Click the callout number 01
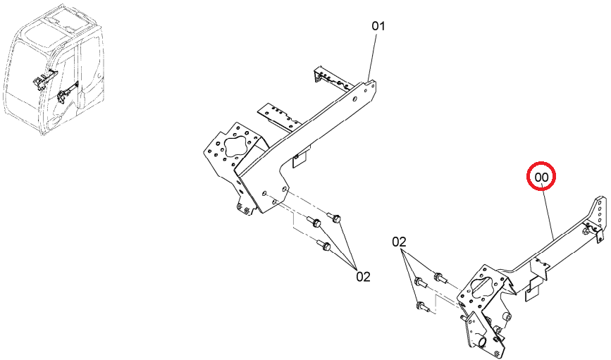pyautogui.click(x=378, y=26)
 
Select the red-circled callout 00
pyautogui.click(x=541, y=178)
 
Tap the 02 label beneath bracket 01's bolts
pyautogui.click(x=363, y=277)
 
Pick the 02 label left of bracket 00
pyautogui.click(x=399, y=242)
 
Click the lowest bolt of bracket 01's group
pyautogui.click(x=324, y=245)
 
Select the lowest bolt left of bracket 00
pyautogui.click(x=422, y=307)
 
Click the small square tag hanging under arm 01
pyautogui.click(x=300, y=157)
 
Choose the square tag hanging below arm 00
pyautogui.click(x=532, y=292)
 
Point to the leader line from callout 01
pyautogui.click(x=373, y=57)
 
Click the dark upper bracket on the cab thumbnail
pyautogui.click(x=43, y=79)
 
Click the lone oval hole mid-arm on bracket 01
pyautogui.click(x=354, y=99)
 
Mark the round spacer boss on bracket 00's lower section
pyautogui.click(x=506, y=316)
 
